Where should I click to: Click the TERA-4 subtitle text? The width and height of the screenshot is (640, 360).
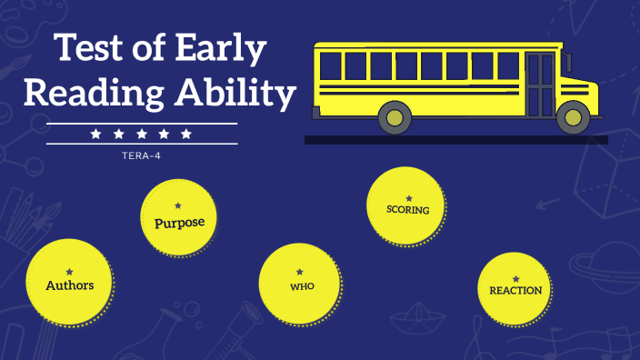(x=141, y=155)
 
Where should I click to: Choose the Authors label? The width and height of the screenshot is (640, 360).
(x=69, y=285)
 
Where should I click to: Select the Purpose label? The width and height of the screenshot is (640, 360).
(x=179, y=222)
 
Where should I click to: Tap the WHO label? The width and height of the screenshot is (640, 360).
(x=302, y=287)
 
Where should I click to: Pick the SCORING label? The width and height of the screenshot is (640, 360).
(x=407, y=209)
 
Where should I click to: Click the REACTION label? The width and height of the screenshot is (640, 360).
(x=515, y=291)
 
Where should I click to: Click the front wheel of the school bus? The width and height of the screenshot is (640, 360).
(x=573, y=116)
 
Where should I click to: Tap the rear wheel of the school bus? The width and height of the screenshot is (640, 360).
(x=394, y=116)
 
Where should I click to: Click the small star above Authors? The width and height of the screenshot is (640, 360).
(x=69, y=272)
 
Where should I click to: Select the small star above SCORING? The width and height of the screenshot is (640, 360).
(x=408, y=197)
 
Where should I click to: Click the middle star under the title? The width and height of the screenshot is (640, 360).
(x=141, y=134)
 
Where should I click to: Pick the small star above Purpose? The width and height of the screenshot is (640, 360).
(x=178, y=206)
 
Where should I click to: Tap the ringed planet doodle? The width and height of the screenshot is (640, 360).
(x=610, y=274)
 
